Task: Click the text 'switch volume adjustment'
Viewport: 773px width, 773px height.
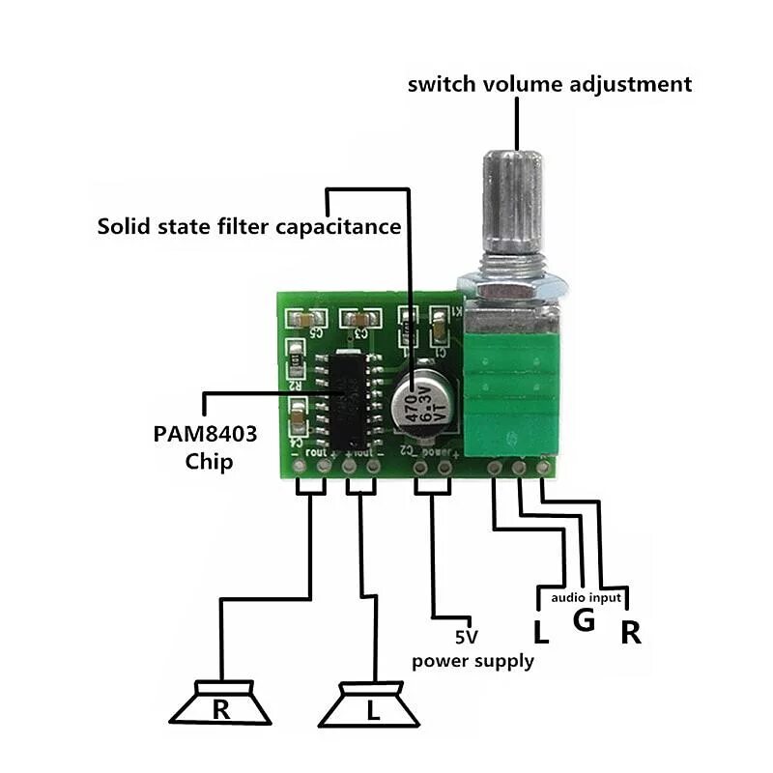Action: click(549, 84)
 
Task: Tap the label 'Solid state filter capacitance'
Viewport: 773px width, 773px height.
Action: click(248, 227)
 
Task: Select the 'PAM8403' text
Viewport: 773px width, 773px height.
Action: click(205, 433)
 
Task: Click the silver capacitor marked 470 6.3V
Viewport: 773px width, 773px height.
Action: click(421, 399)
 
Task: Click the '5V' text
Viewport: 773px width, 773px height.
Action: click(467, 638)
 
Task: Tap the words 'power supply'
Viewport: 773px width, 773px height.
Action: click(472, 662)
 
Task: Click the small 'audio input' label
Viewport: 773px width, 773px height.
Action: click(587, 598)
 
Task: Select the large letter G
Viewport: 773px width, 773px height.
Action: click(584, 620)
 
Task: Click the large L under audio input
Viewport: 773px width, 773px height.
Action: click(541, 634)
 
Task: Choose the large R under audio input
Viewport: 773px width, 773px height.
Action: click(630, 634)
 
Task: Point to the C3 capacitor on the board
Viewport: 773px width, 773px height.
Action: click(360, 317)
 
